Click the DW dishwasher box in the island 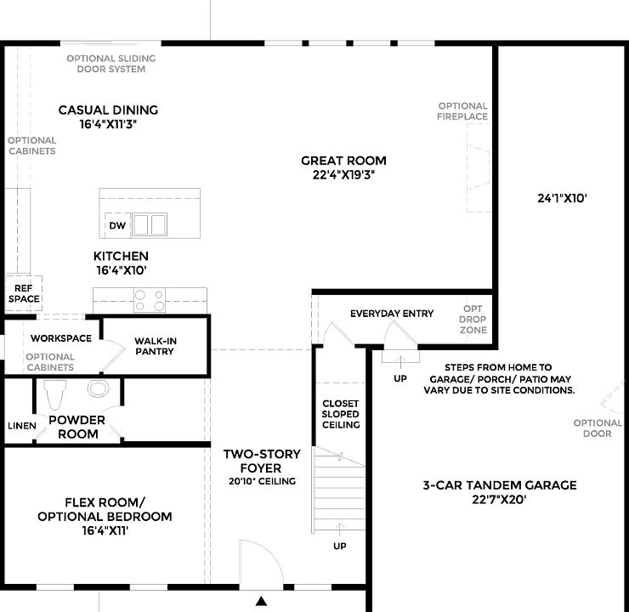point(117,226)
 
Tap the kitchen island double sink point(149,224)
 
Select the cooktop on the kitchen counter point(150,299)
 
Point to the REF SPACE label point(24,294)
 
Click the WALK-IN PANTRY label point(155,346)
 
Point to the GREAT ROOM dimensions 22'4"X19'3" point(343,175)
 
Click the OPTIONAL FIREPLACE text point(462,111)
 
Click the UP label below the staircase point(340,545)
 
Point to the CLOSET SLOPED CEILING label point(341,414)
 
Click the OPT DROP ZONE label point(473,320)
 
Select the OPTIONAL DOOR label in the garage point(597,428)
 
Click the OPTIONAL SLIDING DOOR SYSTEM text point(111,64)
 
